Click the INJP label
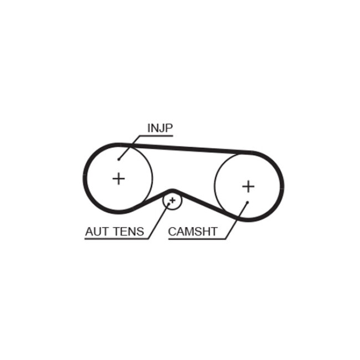click(160, 128)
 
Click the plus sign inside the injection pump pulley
click(119, 178)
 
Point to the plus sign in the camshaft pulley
click(248, 186)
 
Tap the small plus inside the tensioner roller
click(172, 200)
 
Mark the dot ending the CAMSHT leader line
click(248, 202)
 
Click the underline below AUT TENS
click(116, 239)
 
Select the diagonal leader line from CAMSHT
click(238, 220)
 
